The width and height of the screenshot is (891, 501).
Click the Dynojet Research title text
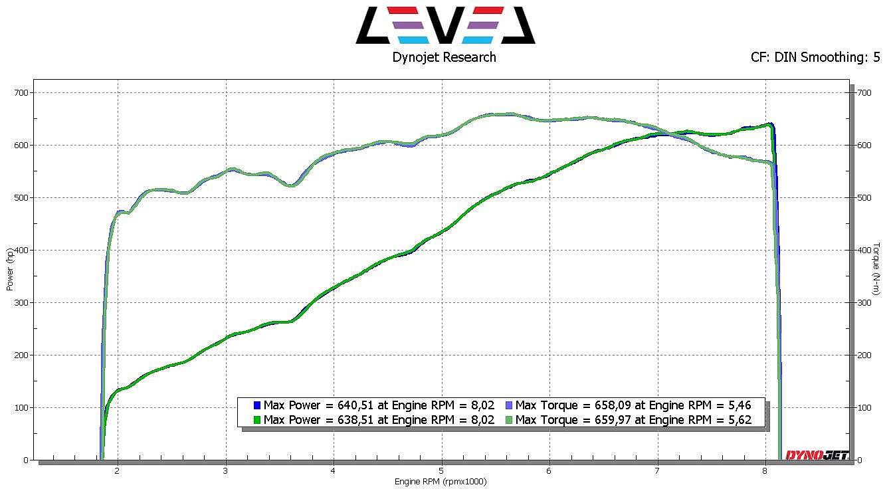pyautogui.click(x=444, y=57)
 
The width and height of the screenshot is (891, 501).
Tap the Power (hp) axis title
pyautogui.click(x=10, y=270)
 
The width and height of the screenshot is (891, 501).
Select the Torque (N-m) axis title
pyautogui.click(x=877, y=268)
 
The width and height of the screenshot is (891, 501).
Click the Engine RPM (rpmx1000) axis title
pyautogui.click(x=441, y=482)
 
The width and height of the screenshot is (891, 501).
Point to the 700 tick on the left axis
pyautogui.click(x=23, y=93)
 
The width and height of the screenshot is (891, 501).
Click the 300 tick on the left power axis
pyautogui.click(x=23, y=303)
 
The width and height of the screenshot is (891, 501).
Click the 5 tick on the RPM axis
pyautogui.click(x=441, y=471)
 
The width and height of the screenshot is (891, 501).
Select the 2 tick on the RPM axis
pyautogui.click(x=118, y=471)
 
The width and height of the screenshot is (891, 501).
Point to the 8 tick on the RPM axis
pyautogui.click(x=765, y=471)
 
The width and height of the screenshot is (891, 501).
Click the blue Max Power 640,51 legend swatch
pyautogui.click(x=256, y=405)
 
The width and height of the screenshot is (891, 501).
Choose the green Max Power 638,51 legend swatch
pyautogui.click(x=256, y=420)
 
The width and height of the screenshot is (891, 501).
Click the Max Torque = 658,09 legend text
pyautogui.click(x=633, y=405)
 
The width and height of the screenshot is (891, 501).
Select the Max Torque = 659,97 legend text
pyautogui.click(x=633, y=420)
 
